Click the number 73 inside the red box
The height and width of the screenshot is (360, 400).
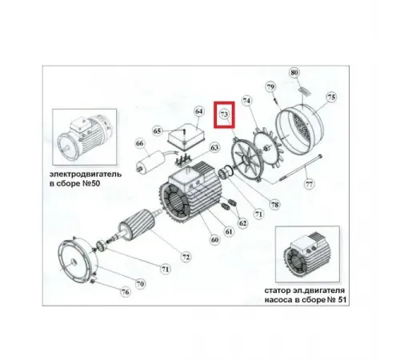click(x=225, y=116)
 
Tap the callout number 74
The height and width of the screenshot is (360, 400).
click(x=246, y=102)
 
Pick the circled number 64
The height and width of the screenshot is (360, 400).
click(x=199, y=111)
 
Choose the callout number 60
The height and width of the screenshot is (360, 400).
click(x=214, y=238)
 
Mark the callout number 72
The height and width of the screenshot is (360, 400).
click(x=186, y=257)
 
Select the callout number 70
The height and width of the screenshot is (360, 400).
click(x=139, y=282)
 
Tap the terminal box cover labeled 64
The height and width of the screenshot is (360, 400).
click(x=186, y=133)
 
